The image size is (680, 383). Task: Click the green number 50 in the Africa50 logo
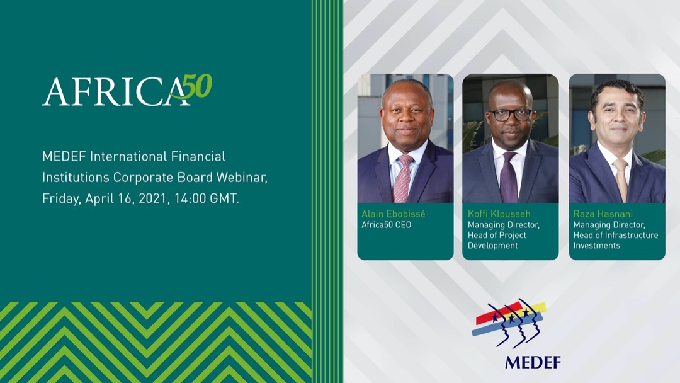coord(196,87)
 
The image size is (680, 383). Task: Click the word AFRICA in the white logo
coord(113,92)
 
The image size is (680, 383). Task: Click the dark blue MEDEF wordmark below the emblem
coord(532,362)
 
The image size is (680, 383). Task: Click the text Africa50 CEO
coord(386,225)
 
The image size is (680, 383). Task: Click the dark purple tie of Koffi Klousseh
coord(508,180)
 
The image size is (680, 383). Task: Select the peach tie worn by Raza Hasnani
coord(621,180)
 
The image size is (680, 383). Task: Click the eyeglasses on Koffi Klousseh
coord(509,115)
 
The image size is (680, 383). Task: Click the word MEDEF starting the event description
coord(61,156)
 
